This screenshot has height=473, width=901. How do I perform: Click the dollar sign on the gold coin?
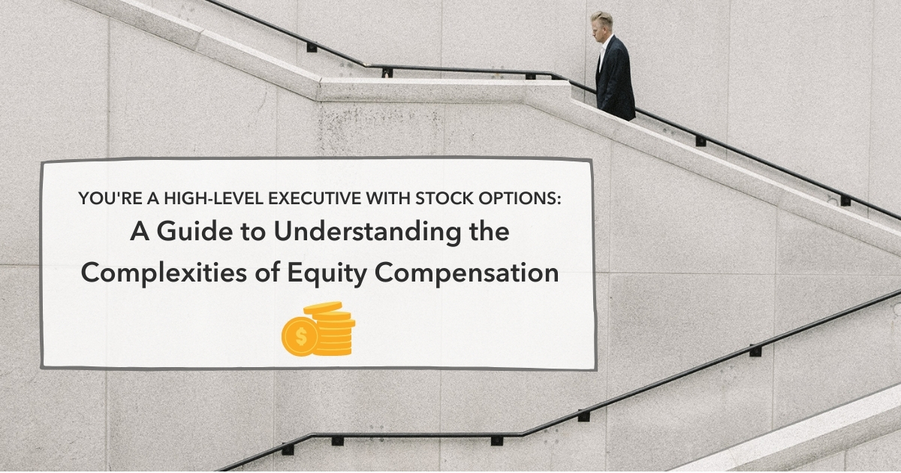click(x=301, y=336)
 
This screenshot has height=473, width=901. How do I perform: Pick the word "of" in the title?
click(x=265, y=273)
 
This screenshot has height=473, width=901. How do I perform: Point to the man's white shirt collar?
click(x=604, y=44)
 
